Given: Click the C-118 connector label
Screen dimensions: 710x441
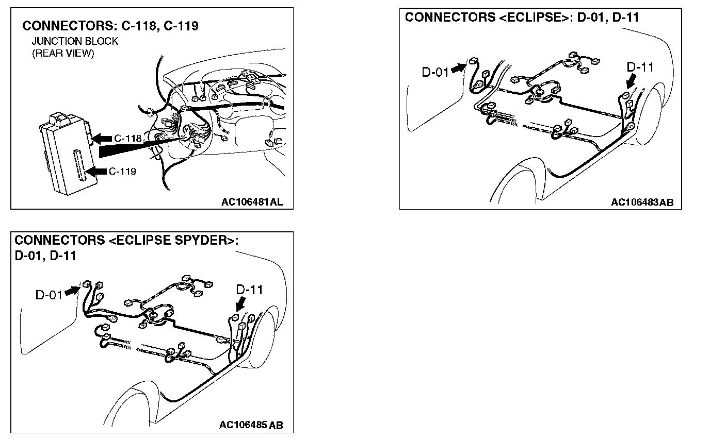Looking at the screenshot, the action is pos(127,138).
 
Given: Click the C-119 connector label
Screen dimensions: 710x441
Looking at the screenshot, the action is pos(123,171).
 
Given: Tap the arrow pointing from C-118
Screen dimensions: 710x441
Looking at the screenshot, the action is pos(103,138).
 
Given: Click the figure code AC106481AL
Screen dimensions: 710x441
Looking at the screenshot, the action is pos(252,202).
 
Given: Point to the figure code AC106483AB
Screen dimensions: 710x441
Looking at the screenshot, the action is pos(642,202).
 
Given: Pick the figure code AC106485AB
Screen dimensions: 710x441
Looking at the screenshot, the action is pos(251,425).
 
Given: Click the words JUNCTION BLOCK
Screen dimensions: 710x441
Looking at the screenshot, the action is pos(75,42).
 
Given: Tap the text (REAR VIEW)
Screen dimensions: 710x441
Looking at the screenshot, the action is pos(63,54).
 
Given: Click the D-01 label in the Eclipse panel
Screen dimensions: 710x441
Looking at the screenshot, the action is pos(435,72).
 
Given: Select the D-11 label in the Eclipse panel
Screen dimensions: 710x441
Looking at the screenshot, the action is pos(640,67).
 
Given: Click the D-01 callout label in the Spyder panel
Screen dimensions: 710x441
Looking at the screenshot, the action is pos(49,295).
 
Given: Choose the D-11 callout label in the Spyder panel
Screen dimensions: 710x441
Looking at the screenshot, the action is pos(249,290).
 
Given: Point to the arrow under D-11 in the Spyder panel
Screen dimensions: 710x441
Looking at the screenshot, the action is pos(240,306).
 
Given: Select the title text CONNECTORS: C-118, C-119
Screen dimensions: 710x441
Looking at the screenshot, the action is pos(110,26).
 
